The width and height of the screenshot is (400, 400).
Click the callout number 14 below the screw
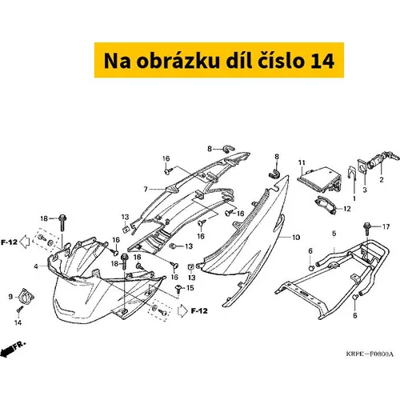pyautogui.click(x=18, y=322)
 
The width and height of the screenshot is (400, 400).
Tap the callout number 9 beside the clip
pyautogui.click(x=10, y=297)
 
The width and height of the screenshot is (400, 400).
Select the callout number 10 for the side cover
pyautogui.click(x=296, y=237)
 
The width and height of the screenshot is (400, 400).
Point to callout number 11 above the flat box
pyautogui.click(x=302, y=162)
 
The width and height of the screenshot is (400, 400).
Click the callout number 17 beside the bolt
pyautogui.click(x=386, y=226)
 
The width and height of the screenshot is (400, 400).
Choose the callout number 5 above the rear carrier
pyautogui.click(x=334, y=234)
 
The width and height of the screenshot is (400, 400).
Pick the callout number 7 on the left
pyautogui.click(x=146, y=189)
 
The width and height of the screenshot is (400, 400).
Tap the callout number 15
pyautogui.click(x=190, y=288)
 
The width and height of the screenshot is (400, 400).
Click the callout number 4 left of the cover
pyautogui.click(x=36, y=266)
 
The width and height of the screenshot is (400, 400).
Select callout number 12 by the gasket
pyautogui.click(x=347, y=209)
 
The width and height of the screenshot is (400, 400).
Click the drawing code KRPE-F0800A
pyautogui.click(x=370, y=354)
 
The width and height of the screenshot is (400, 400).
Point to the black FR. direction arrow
pyautogui.click(x=13, y=349)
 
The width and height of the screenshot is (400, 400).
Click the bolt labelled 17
pyautogui.click(x=367, y=229)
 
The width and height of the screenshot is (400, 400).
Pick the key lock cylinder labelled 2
pyautogui.click(x=382, y=160)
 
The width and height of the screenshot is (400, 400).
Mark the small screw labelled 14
pyautogui.click(x=19, y=310)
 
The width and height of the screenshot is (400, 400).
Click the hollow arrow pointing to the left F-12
pyautogui.click(x=25, y=242)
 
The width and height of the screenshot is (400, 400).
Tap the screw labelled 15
pyautogui.click(x=178, y=288)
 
